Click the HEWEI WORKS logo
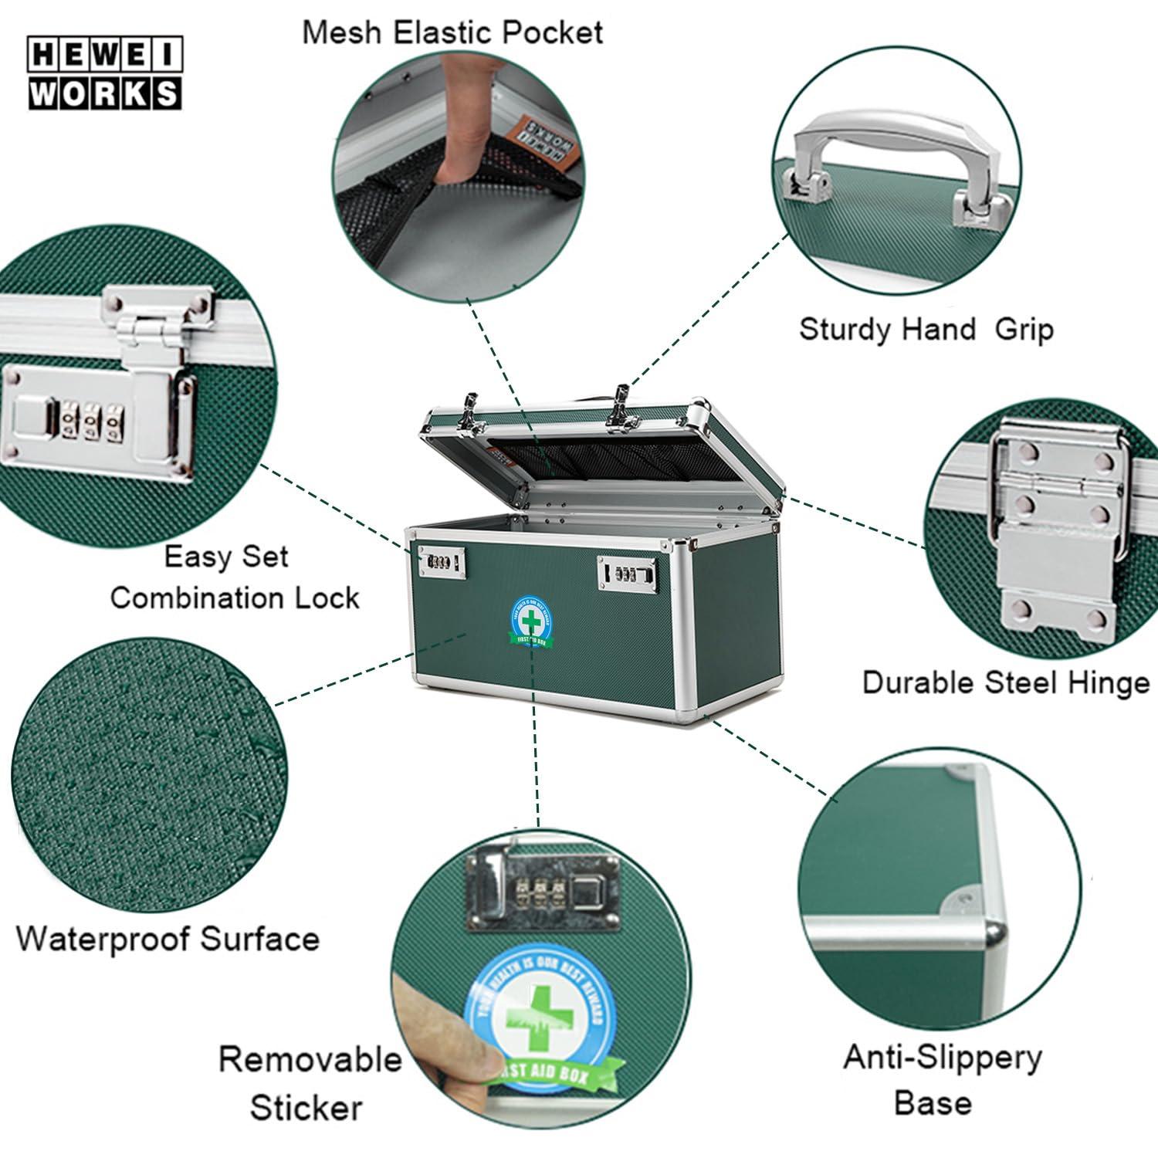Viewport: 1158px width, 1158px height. [105, 73]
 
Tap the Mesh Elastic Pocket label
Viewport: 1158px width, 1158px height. [452, 33]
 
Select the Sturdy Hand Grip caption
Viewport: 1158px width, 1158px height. [926, 330]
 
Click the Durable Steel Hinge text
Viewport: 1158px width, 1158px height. [1005, 682]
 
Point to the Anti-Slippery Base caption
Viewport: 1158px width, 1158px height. [941, 1078]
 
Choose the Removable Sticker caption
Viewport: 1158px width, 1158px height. [309, 1083]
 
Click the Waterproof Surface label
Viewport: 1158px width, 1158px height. [168, 939]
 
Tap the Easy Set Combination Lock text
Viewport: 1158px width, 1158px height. [235, 577]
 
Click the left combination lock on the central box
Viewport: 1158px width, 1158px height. [442, 562]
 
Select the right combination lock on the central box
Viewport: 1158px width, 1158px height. [625, 572]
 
